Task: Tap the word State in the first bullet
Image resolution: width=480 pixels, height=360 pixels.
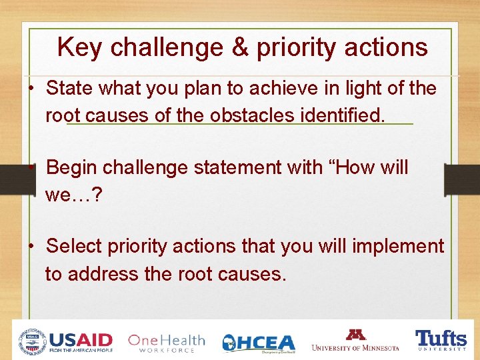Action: click(x=69, y=89)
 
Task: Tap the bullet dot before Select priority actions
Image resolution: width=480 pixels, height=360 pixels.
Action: click(x=31, y=247)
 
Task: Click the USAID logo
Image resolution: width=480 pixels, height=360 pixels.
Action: click(x=66, y=341)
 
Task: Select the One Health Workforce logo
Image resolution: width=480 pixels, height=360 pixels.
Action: click(x=166, y=342)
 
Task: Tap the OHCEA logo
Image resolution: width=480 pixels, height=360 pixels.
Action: click(x=259, y=343)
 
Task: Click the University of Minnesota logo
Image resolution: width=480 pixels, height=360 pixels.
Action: click(x=355, y=340)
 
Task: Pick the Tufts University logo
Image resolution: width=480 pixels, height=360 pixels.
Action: click(x=441, y=340)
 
